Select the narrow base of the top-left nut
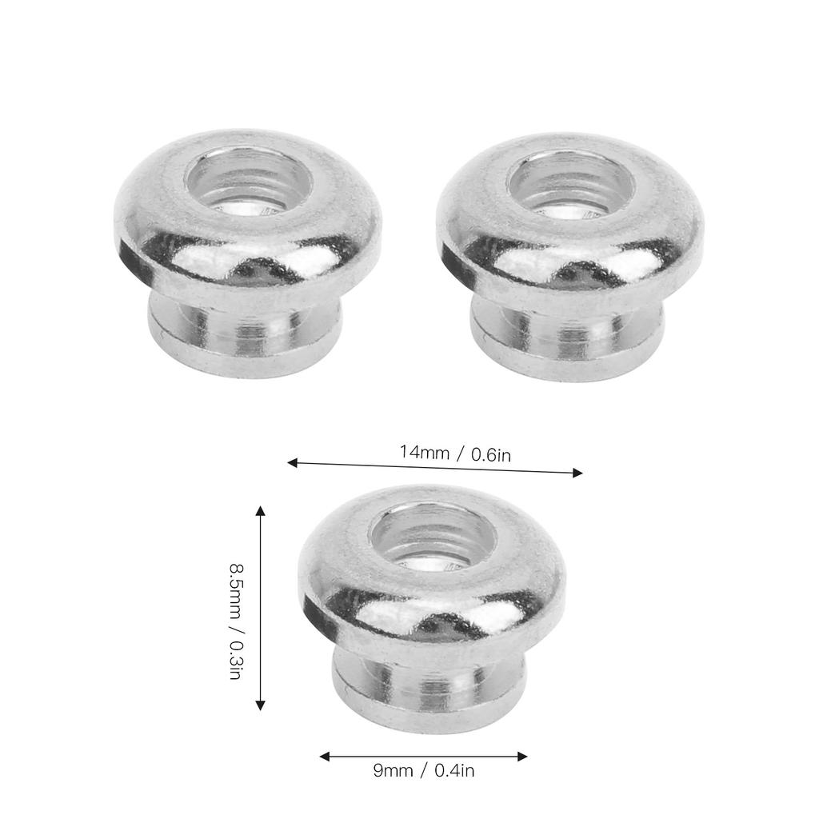coord(246,334)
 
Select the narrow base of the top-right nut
coord(567,337)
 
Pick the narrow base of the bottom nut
coord(429,689)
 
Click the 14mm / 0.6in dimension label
coord(455,453)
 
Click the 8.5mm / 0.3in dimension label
coord(236,621)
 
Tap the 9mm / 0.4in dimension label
coord(424,771)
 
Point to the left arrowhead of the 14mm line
coord(293,463)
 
